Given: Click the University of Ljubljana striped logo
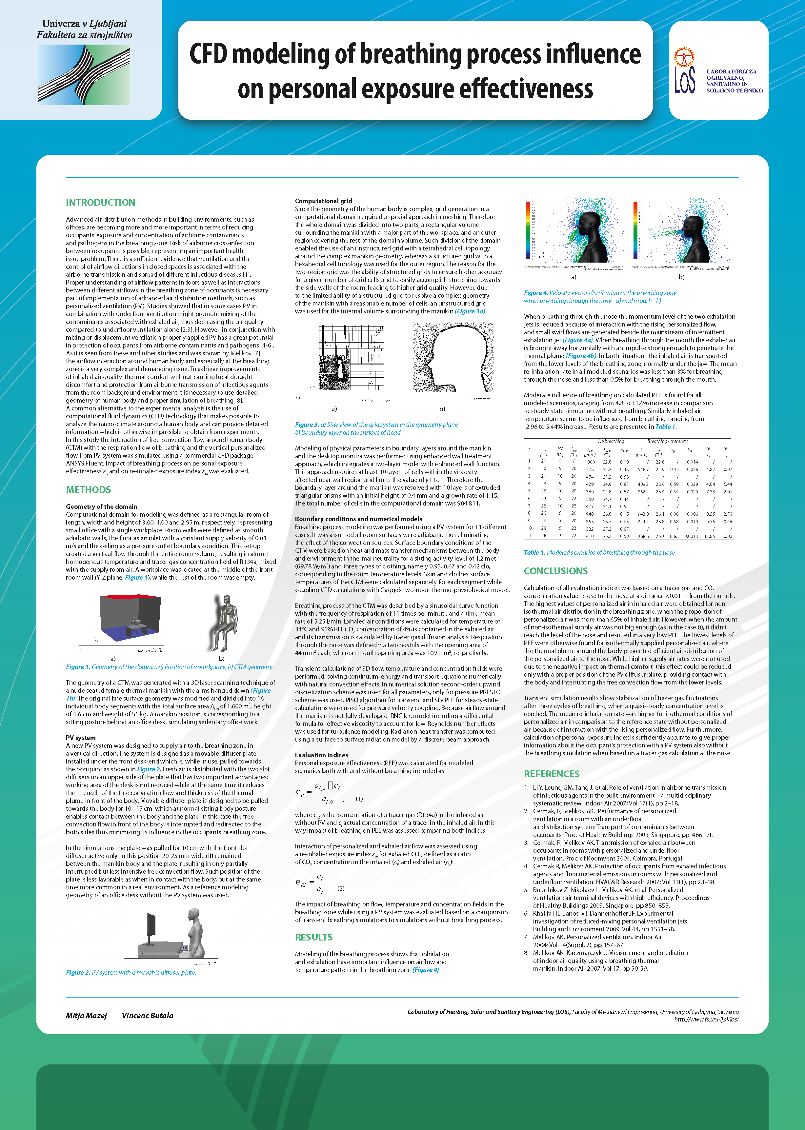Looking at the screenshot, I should pos(84,74).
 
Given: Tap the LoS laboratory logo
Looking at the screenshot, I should pos(685,71).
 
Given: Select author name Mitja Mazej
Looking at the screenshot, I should pos(86,1016).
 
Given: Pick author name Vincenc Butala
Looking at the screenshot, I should pos(147,1016).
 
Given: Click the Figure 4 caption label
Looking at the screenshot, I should pos(535,293).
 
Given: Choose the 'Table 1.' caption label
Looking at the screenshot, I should pos(534,553).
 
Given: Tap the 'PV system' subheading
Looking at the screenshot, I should pos(80,738).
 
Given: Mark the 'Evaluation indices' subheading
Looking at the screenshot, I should pos(321,755).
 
